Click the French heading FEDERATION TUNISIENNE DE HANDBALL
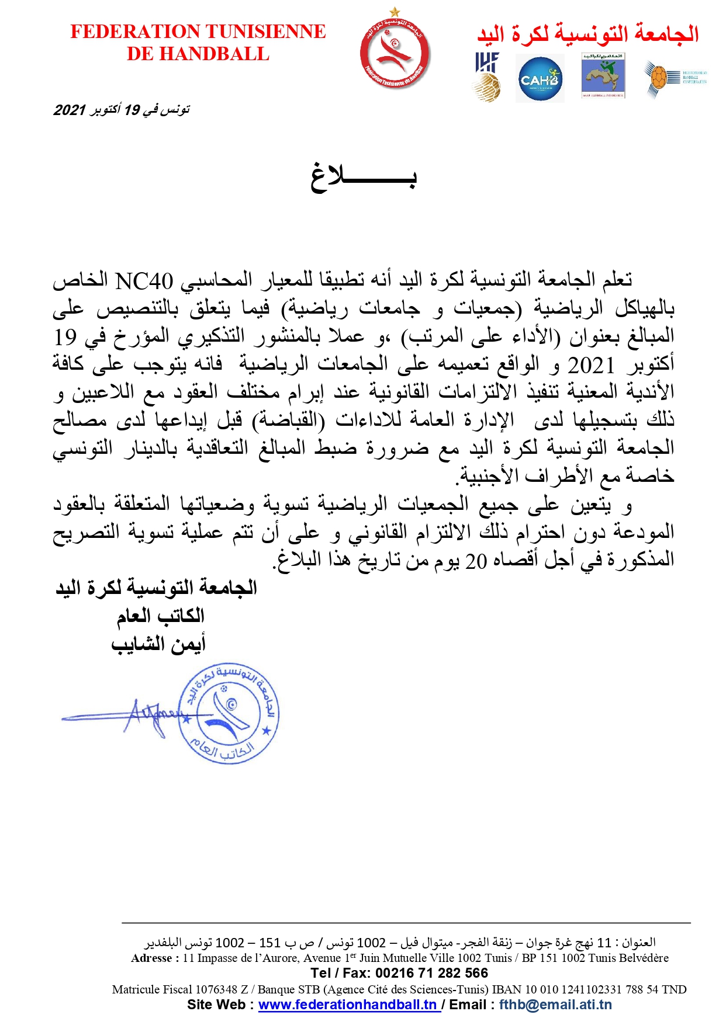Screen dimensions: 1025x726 (x=198, y=42)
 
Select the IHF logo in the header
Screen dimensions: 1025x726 (x=486, y=77)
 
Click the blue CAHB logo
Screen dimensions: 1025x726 (x=540, y=79)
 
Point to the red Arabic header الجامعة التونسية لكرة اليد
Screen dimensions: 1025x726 (x=588, y=34)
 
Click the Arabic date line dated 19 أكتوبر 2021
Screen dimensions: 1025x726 (x=122, y=110)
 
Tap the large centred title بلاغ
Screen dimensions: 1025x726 (x=363, y=176)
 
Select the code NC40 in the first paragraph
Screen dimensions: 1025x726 (x=144, y=281)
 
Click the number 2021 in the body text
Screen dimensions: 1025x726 (x=591, y=366)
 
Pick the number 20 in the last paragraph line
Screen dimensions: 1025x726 (x=476, y=561)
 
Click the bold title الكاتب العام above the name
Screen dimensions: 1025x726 (x=161, y=616)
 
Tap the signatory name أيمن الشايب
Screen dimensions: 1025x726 (x=158, y=644)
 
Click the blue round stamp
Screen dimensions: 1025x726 (x=230, y=713)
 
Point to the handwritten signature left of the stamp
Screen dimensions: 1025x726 (x=146, y=715)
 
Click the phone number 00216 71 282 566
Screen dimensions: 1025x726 (x=431, y=972)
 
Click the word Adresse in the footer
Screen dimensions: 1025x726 (x=151, y=958)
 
